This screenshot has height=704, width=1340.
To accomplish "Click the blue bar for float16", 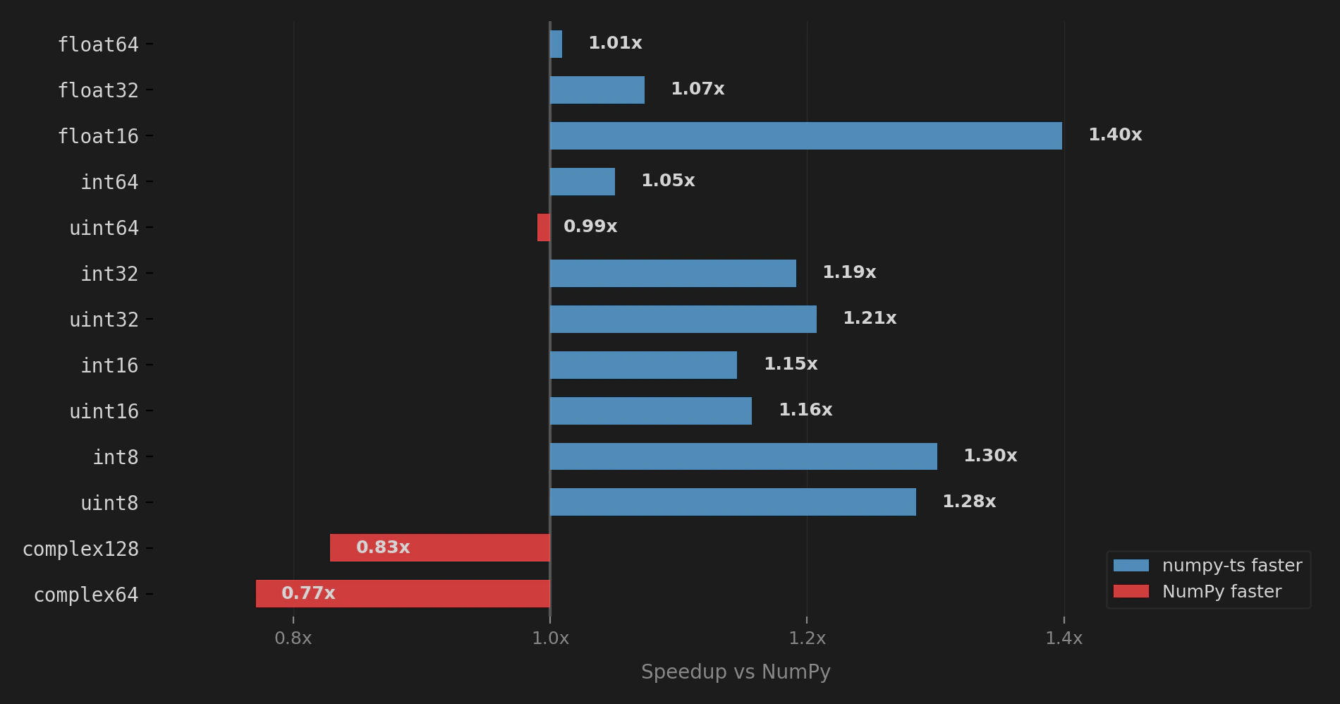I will pos(805,135).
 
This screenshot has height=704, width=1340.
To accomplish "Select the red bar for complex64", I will pos(403,593).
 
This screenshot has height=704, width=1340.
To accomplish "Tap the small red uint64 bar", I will pos(544,227).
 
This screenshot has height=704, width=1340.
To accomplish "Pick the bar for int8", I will pos(743,456).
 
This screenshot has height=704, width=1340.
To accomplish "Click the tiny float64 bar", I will pos(556,44).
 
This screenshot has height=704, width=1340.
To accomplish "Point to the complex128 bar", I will pos(440,547).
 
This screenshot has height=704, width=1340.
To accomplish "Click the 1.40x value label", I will pos(1114,135).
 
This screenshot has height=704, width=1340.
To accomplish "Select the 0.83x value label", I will pos(383,547).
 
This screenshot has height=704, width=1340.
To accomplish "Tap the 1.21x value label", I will pos(870,318).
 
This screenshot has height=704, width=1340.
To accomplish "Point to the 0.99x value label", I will pos(590,226).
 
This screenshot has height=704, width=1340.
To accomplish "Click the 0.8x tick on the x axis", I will pos(293,638).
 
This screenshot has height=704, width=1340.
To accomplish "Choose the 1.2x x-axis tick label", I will pos(807,638).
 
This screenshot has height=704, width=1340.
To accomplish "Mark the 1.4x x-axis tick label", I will pos(1064,638).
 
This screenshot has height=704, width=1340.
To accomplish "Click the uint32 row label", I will pos(104,320).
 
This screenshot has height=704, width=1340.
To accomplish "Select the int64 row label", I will pos(109,182).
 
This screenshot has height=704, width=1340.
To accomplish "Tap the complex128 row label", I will pos(80,549).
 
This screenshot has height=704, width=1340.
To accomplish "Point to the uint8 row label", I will pos(109,503).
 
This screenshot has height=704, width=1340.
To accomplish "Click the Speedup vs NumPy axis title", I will pos(736,672).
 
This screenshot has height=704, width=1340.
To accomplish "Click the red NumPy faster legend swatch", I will pos(1131,591).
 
